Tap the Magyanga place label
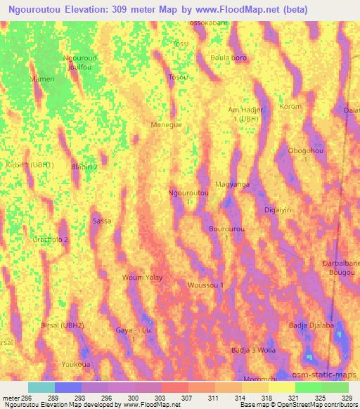[232, 184]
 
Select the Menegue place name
[166, 124]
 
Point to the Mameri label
[42, 79]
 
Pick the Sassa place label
[102, 221]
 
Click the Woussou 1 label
[206, 285]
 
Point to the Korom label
[290, 107]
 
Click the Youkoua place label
[74, 365]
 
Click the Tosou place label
[178, 77]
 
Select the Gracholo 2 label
[50, 239]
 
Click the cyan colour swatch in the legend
[41, 387]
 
